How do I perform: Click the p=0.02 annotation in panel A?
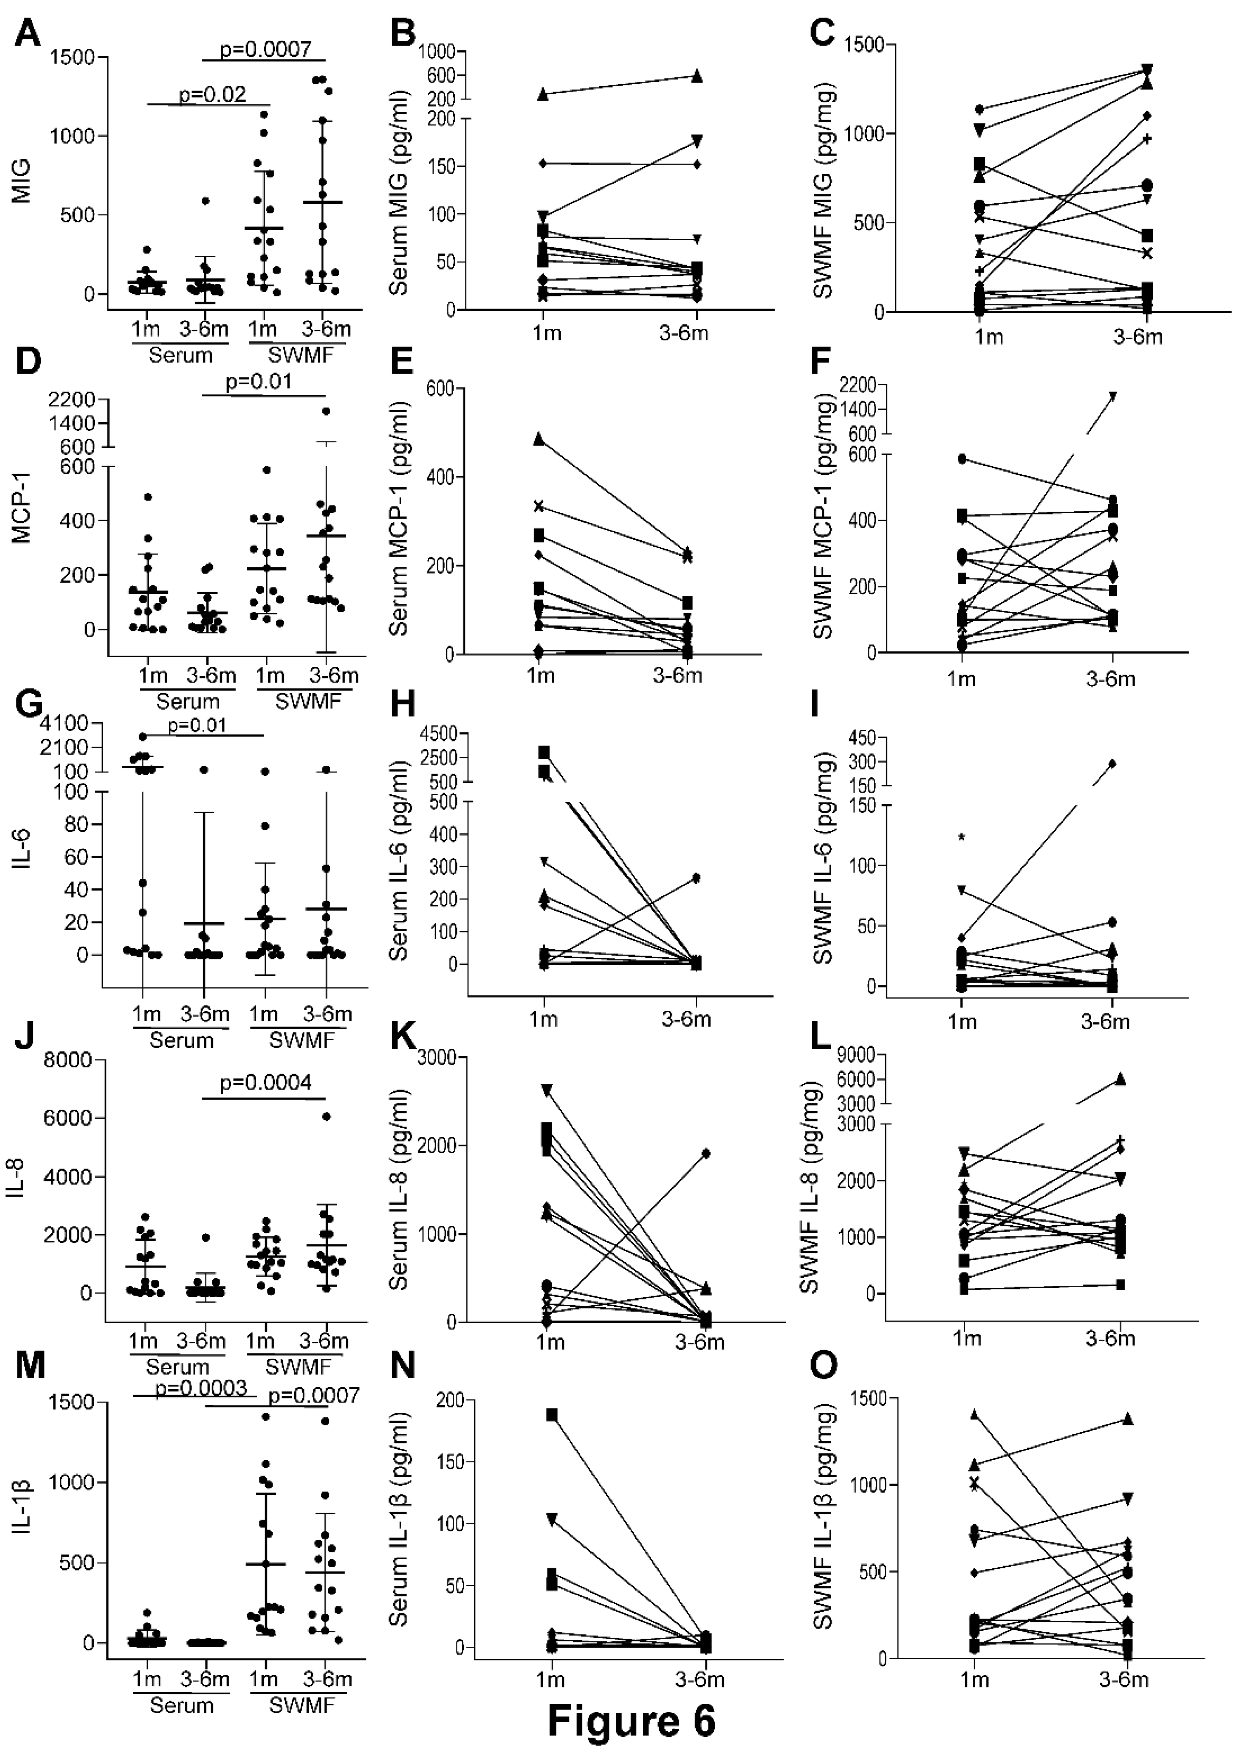pyautogui.click(x=213, y=94)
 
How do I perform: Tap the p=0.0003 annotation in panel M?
pyautogui.click(x=201, y=1387)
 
